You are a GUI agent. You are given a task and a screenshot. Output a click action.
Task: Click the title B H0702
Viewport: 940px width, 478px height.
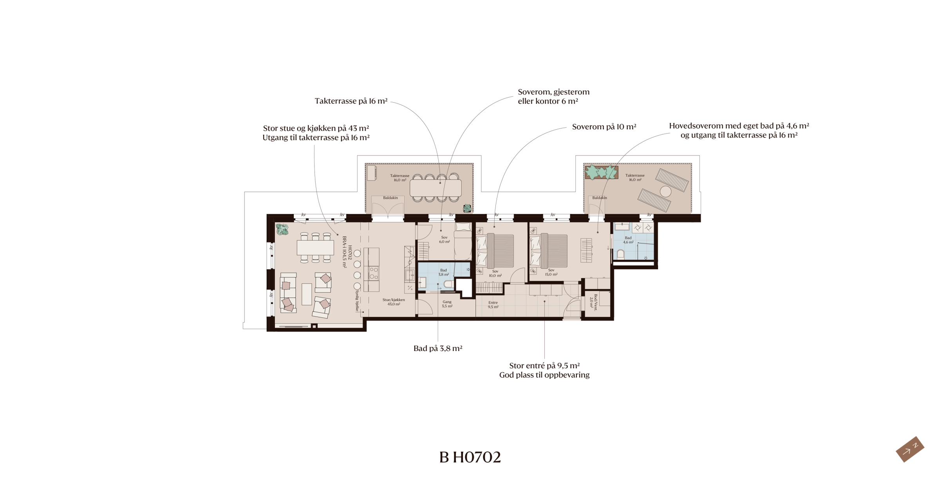tap(470, 457)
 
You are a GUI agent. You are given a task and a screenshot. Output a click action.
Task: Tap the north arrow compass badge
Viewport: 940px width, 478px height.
tap(910, 449)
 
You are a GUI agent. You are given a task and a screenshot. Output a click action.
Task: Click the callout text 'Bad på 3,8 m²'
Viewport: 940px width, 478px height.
tap(438, 348)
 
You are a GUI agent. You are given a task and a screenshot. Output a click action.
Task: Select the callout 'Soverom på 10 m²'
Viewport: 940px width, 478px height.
tap(604, 127)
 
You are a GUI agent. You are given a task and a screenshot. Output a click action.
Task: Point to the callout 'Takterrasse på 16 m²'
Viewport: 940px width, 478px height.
tap(351, 101)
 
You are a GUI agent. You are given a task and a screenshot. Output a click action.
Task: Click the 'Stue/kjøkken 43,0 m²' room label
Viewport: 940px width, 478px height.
tap(394, 302)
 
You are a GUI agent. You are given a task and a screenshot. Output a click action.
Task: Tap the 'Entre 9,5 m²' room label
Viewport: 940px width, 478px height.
tap(493, 304)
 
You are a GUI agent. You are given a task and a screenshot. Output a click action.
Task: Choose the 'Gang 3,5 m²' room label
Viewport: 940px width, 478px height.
tap(447, 304)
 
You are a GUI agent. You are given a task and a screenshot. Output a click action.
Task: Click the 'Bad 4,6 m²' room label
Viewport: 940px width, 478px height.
tap(628, 240)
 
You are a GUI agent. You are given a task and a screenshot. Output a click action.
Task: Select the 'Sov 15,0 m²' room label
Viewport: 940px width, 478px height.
tap(551, 272)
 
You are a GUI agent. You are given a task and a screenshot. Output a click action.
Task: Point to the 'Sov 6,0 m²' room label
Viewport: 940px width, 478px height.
tap(444, 239)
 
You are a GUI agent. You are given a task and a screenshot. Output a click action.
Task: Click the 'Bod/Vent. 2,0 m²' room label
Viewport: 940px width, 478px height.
tap(594, 302)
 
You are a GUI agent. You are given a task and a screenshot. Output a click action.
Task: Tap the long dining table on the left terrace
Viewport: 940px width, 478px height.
tap(436, 188)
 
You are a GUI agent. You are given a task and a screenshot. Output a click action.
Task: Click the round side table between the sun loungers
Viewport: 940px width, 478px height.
tap(665, 191)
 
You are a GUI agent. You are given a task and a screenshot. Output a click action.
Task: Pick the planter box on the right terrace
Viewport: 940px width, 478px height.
tap(602, 172)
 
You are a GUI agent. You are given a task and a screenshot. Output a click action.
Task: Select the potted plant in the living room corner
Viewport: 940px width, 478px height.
tap(282, 229)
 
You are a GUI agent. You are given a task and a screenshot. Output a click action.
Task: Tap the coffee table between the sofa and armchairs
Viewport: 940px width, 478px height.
tap(307, 294)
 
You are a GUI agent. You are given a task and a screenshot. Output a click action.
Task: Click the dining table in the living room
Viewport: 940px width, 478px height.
tap(315, 248)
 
